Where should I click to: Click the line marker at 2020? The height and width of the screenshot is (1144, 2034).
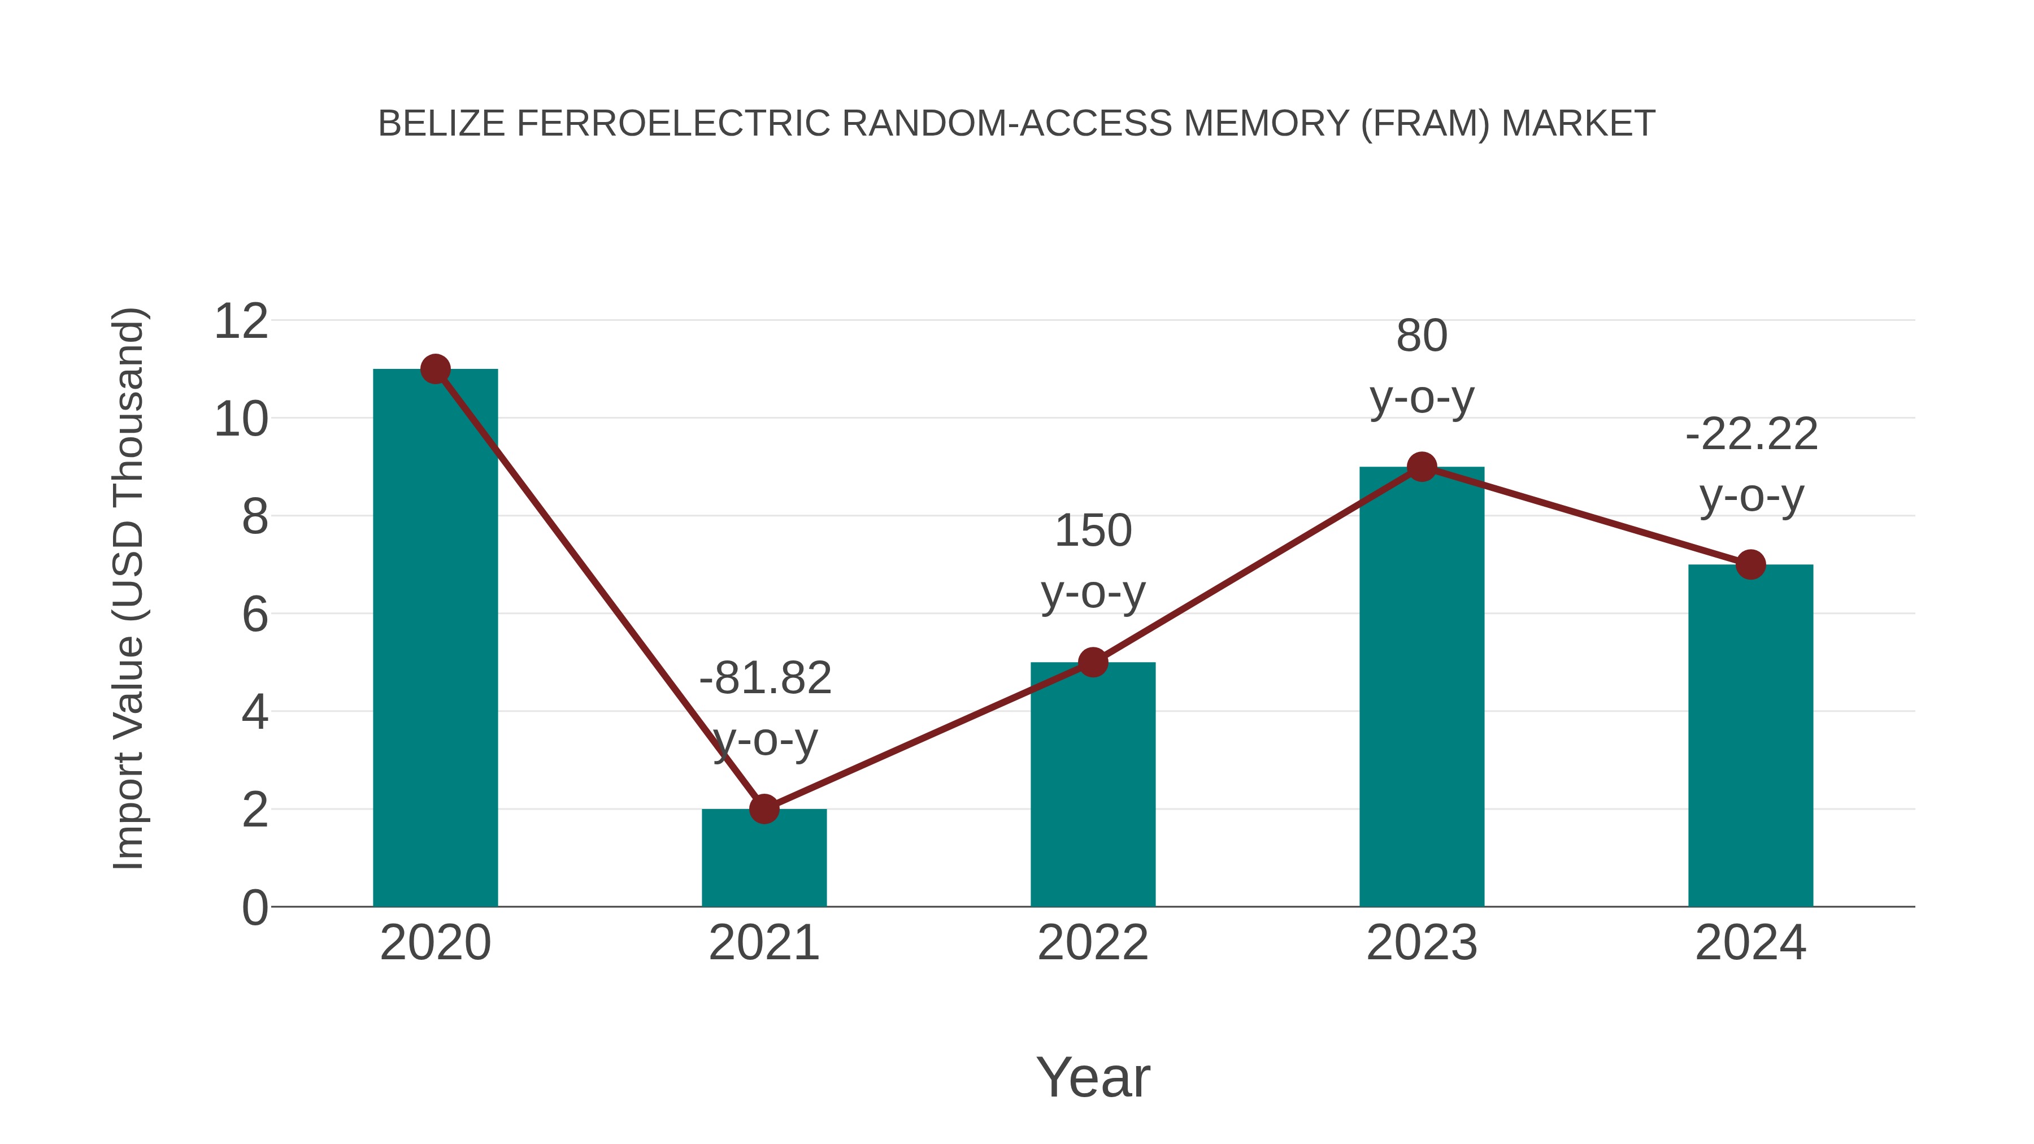click(435, 369)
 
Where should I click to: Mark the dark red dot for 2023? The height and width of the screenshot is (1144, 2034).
click(1422, 467)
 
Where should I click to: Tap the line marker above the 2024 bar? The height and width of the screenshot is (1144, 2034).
click(1750, 564)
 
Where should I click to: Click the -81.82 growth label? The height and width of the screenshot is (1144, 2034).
click(765, 678)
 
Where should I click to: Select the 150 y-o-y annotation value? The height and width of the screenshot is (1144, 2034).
click(1093, 530)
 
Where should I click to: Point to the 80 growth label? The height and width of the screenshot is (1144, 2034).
click(1422, 336)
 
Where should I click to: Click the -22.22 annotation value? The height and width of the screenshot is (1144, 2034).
click(1750, 434)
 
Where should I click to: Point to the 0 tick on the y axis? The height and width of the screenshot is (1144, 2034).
click(254, 907)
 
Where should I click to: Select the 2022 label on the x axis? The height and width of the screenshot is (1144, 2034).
click(1093, 943)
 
